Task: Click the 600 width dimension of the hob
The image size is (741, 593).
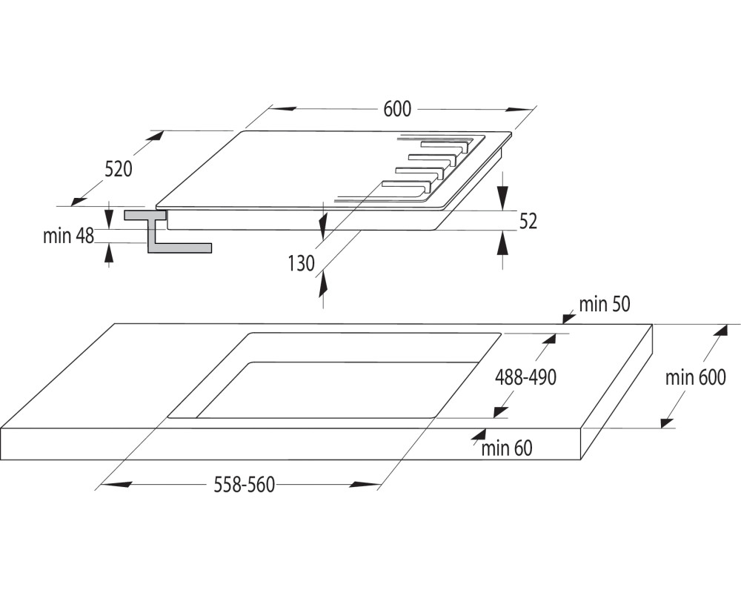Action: click(x=397, y=109)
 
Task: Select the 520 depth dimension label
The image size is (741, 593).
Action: click(x=118, y=169)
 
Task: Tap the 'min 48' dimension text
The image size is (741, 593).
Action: click(x=68, y=236)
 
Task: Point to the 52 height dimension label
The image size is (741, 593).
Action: click(x=528, y=221)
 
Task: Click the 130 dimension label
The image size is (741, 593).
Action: click(x=301, y=263)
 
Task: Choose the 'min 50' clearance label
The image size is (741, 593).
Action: click(x=605, y=305)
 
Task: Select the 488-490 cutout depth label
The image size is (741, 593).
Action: click(x=525, y=377)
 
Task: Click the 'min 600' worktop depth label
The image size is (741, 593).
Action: click(x=695, y=377)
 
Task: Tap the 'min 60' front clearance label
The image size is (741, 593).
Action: click(x=507, y=448)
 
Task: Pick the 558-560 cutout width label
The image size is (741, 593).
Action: click(x=245, y=485)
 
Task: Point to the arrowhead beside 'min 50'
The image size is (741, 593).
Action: click(x=568, y=317)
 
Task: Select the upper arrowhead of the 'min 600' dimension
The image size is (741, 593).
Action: click(x=720, y=330)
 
